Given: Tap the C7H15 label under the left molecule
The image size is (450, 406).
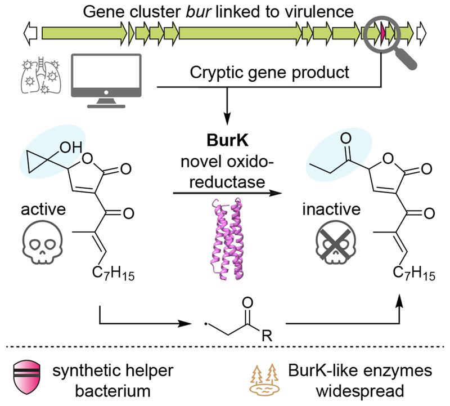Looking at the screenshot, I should pyautogui.click(x=113, y=276).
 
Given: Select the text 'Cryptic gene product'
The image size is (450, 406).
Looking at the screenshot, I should pyautogui.click(x=269, y=72).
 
